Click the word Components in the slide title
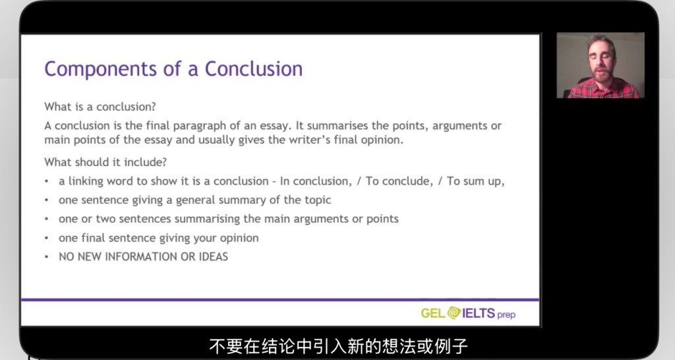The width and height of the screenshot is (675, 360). pyautogui.click(x=101, y=69)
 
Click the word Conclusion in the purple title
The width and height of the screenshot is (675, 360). pyautogui.click(x=254, y=69)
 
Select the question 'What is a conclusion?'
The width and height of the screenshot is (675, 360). pyautogui.click(x=100, y=106)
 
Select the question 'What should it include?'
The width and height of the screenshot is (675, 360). pyautogui.click(x=105, y=162)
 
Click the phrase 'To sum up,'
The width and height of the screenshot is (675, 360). pyautogui.click(x=476, y=181)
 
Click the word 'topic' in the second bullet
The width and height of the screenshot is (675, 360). pyautogui.click(x=318, y=200)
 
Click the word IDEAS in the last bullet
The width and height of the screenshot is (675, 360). pyautogui.click(x=213, y=256)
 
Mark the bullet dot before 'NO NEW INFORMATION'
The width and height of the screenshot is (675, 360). pyautogui.click(x=47, y=257)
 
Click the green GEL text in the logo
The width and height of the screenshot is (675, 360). pyautogui.click(x=433, y=313)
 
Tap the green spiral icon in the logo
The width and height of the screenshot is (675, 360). pyautogui.click(x=454, y=313)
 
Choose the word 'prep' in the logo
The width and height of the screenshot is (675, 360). pyautogui.click(x=506, y=315)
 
